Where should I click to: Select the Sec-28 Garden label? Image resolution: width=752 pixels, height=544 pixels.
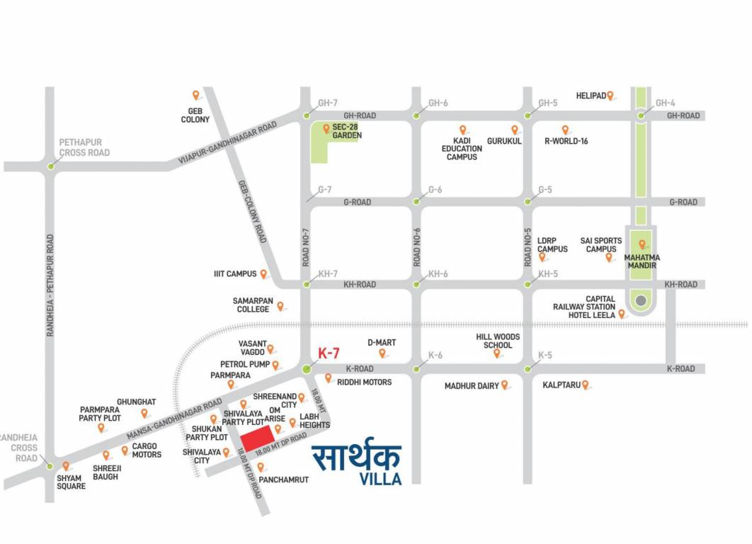347,131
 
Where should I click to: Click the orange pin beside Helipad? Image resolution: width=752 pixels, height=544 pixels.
610,95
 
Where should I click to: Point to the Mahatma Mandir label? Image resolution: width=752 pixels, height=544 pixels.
642,261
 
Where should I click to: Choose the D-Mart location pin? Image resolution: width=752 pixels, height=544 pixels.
382,353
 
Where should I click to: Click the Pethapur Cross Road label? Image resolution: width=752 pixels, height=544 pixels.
84,147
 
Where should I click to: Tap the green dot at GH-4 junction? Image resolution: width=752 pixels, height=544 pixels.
641,115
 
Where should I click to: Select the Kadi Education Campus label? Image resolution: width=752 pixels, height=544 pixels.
462,149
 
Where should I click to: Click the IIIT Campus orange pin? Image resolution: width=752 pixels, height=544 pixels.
263,273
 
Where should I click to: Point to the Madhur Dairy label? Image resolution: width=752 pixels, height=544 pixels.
472,386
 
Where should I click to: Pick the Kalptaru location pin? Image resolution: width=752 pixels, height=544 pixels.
586,385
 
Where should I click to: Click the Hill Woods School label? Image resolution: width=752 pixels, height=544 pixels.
498,341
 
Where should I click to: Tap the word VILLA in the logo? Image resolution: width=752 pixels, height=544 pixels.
380,479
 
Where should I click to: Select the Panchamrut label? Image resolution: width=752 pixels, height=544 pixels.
283,480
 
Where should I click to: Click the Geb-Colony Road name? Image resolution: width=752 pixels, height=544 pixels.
251,210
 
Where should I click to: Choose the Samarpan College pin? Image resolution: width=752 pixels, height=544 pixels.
280,306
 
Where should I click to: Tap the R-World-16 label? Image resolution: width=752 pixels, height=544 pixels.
566,141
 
